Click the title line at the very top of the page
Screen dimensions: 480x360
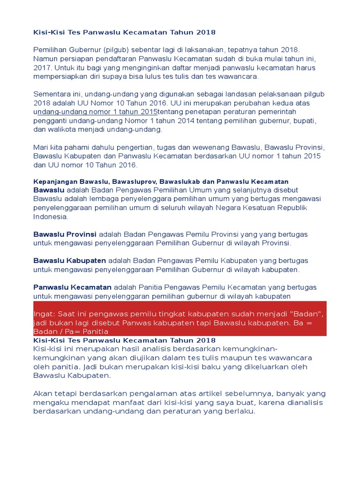[124, 32]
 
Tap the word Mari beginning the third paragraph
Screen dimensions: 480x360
[41, 147]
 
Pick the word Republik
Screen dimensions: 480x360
[294, 208]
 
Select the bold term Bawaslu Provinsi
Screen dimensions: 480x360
[65, 234]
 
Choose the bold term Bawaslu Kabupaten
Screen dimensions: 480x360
[69, 260]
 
